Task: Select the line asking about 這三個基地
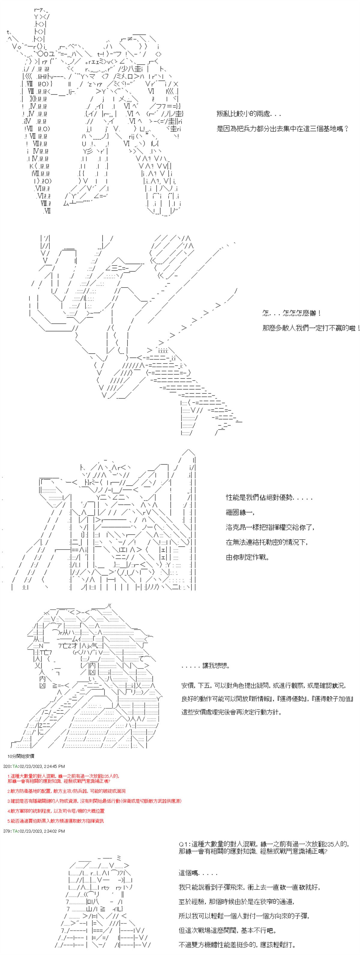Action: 282,129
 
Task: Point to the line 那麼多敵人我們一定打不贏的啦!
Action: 311,328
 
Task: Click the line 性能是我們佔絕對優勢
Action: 269,498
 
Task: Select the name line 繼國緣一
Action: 240,512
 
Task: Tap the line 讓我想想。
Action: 206,666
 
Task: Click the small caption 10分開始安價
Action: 21,756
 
